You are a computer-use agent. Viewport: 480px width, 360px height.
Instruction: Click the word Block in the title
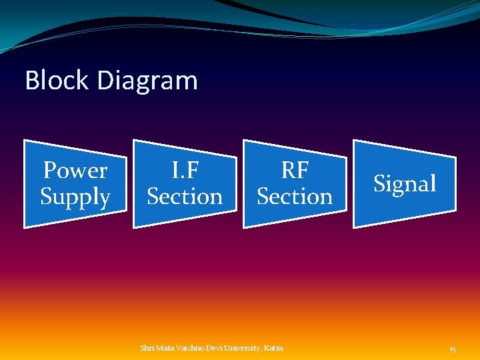(x=57, y=81)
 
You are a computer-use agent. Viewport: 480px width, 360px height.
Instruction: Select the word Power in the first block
(x=75, y=171)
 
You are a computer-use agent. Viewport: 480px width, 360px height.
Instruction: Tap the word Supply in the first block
(x=75, y=197)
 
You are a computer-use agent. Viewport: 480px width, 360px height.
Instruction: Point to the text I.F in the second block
(x=185, y=171)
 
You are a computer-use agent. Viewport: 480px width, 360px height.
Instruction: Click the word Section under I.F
(x=185, y=197)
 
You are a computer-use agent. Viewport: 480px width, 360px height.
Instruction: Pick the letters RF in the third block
(x=295, y=171)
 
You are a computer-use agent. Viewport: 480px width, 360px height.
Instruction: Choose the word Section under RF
(x=295, y=197)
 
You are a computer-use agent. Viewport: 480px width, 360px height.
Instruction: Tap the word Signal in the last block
(x=405, y=183)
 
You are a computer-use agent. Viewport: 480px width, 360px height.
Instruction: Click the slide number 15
(x=453, y=349)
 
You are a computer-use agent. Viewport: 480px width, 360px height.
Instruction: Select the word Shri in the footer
(x=147, y=348)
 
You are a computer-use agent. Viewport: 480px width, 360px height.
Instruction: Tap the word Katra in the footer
(x=274, y=348)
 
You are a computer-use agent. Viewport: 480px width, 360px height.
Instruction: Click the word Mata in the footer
(x=164, y=348)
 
